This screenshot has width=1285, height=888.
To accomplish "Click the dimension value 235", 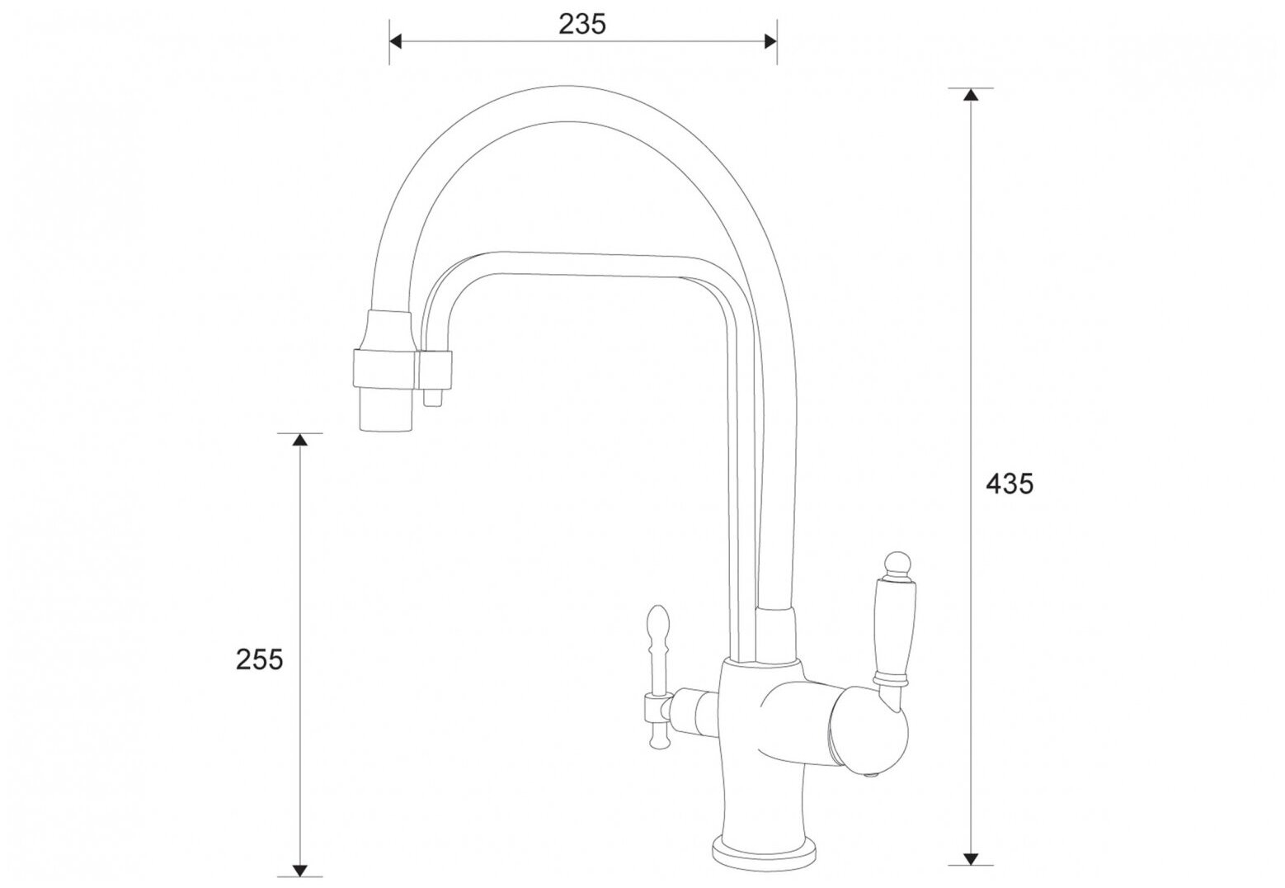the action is (x=582, y=24).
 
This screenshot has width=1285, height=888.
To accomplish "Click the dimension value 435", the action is (x=1010, y=484).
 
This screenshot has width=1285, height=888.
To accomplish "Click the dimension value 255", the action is (x=259, y=659).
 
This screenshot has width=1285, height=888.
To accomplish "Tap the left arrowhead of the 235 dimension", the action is (x=396, y=41).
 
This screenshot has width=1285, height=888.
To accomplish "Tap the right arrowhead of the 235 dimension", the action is (x=770, y=41).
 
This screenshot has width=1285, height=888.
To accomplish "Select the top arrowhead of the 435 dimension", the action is (x=971, y=95).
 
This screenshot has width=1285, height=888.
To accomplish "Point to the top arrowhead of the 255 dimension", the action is (x=300, y=440).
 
